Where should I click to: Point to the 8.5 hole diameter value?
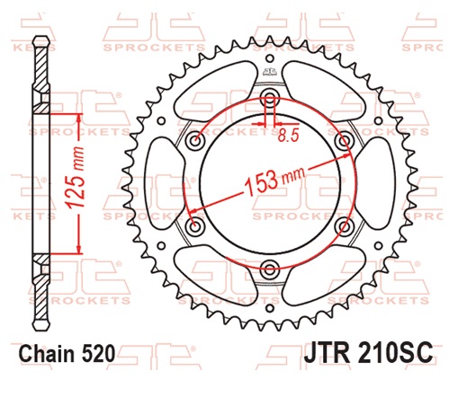[x=288, y=137]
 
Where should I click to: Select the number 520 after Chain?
[x=98, y=354]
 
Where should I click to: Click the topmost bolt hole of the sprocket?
[x=269, y=98]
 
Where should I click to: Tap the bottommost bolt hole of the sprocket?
[x=269, y=266]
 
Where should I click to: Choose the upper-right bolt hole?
[x=342, y=140]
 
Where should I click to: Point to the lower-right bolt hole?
[x=342, y=225]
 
